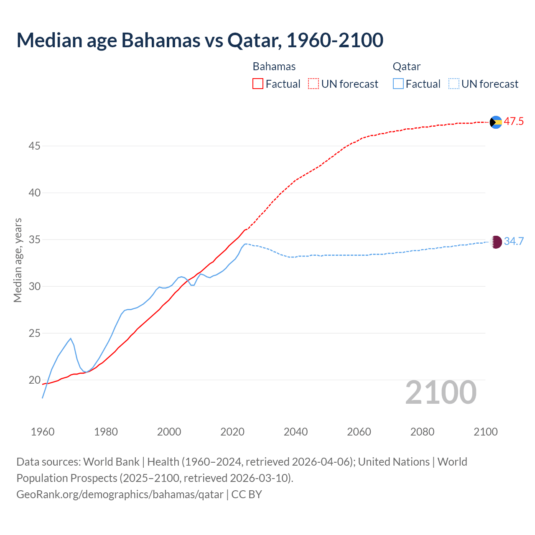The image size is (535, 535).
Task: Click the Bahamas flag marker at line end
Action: (x=496, y=122)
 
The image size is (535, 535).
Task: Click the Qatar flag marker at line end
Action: (x=496, y=242)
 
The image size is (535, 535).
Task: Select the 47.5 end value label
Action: (x=514, y=122)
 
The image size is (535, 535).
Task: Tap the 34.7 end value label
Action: (x=514, y=242)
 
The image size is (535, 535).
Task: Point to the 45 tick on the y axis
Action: (x=34, y=146)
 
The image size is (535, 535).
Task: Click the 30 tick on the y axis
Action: (x=34, y=287)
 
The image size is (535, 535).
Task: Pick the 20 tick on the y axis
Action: (x=34, y=380)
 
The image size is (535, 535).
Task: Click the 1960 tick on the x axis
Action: (x=43, y=432)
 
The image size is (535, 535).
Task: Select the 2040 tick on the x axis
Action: (x=296, y=432)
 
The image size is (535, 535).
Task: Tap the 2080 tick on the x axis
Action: (x=422, y=432)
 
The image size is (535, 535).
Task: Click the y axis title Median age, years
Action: (x=18, y=260)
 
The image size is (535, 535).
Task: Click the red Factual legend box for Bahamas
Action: (x=258, y=84)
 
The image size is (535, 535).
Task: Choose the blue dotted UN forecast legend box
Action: (x=454, y=84)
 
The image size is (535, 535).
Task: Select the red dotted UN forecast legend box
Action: (x=313, y=84)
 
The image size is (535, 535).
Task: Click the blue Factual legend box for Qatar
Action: (x=398, y=84)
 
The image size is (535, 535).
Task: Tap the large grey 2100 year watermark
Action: (x=441, y=392)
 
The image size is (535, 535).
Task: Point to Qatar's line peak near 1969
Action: (x=71, y=339)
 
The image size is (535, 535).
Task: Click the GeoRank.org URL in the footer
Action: (x=120, y=494)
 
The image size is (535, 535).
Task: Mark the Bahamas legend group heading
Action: (x=274, y=66)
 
